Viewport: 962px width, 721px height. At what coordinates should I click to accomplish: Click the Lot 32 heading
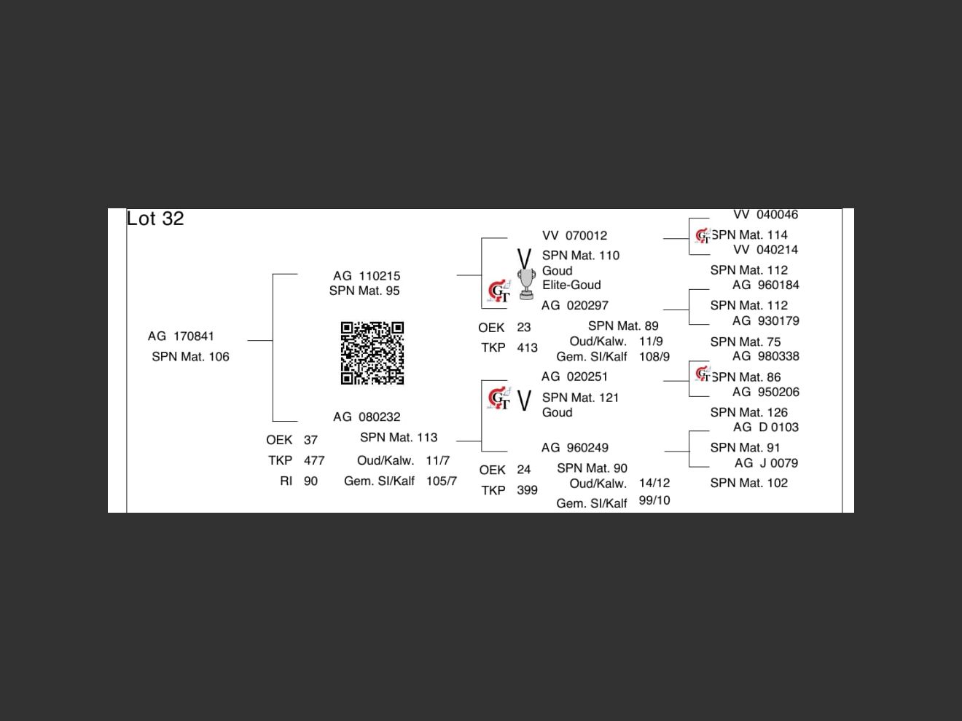click(x=155, y=218)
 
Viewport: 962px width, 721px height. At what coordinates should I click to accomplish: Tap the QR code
click(x=372, y=353)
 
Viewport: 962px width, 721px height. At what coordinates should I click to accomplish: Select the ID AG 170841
click(x=181, y=336)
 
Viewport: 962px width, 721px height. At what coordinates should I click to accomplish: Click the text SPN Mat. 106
click(x=190, y=357)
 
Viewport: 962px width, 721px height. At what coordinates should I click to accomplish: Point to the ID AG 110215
click(x=367, y=276)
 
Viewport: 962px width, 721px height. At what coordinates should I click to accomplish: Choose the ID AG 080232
click(x=367, y=417)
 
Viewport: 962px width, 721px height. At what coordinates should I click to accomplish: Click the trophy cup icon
click(x=526, y=284)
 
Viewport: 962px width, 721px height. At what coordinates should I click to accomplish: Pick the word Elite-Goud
click(x=571, y=285)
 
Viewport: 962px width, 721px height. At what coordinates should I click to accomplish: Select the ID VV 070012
click(x=574, y=236)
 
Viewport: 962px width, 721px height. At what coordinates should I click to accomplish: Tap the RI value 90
click(x=310, y=481)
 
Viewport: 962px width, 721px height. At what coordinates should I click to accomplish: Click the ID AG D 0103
click(x=765, y=428)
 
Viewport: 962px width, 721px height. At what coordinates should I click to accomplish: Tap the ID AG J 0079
click(x=766, y=463)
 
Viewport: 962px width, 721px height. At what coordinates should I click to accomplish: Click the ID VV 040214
click(x=765, y=250)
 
